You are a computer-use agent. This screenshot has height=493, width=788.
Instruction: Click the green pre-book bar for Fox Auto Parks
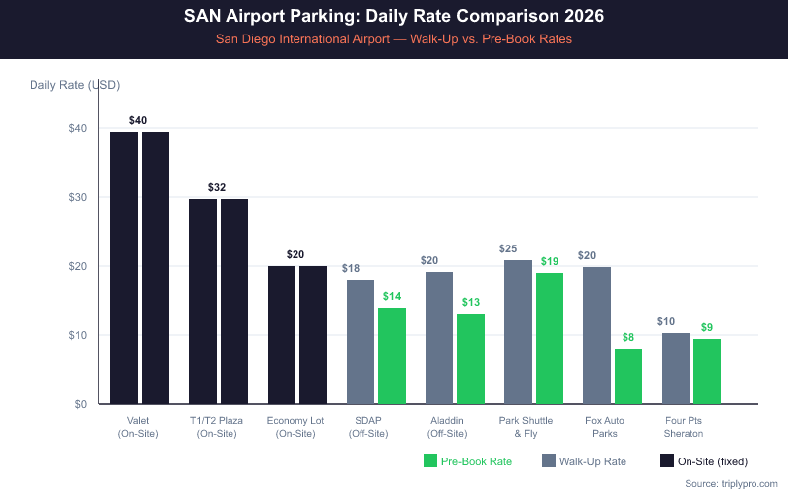pos(628,377)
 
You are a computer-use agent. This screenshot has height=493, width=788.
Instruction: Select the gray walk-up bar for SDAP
pos(361,342)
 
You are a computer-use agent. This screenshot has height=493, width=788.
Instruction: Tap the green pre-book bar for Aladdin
pos(471,359)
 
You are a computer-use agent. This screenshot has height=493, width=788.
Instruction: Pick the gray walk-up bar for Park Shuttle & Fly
pos(518,332)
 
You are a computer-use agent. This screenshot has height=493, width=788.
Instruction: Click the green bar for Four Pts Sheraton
pos(707,372)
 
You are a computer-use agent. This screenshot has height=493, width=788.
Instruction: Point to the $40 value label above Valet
pos(138,120)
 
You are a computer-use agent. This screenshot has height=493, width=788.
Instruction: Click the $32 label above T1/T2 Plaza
pos(217,187)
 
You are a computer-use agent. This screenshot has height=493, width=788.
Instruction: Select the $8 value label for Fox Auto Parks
pos(628,337)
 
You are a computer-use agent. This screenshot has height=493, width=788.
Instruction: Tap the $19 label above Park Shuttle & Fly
pos(550,261)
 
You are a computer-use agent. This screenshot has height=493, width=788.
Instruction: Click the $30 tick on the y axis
pos(78,197)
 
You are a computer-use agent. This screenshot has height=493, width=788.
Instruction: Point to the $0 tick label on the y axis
pos(81,404)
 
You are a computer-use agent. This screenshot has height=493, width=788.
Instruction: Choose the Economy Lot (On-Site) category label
pos(295,427)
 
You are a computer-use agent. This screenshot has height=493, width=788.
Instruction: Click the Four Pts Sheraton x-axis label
pos(682,427)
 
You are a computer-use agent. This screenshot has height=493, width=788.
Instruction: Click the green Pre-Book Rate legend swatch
pos(429,460)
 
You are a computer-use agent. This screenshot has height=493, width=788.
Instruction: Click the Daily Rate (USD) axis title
pos(75,85)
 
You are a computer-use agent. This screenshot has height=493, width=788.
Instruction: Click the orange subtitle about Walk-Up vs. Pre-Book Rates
pos(394,39)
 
